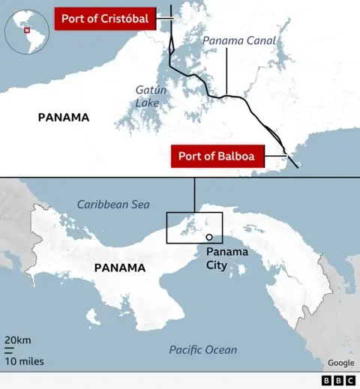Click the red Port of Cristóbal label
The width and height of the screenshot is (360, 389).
tap(104, 19)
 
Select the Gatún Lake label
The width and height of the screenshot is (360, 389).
tap(147, 95)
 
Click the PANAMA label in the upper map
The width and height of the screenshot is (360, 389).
tap(64, 117)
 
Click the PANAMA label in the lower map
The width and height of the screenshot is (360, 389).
tap(119, 268)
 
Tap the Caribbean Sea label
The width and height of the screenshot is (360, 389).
tap(113, 205)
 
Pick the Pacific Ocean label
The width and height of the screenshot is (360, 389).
tap(202, 349)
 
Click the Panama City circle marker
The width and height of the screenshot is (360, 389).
tap(209, 237)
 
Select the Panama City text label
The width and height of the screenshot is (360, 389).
tap(226, 257)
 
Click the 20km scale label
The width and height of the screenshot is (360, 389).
tap(18, 340)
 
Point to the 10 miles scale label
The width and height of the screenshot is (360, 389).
tap(23, 361)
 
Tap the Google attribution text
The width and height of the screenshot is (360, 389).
tap(340, 363)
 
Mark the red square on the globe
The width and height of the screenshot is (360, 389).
tap(27, 31)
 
